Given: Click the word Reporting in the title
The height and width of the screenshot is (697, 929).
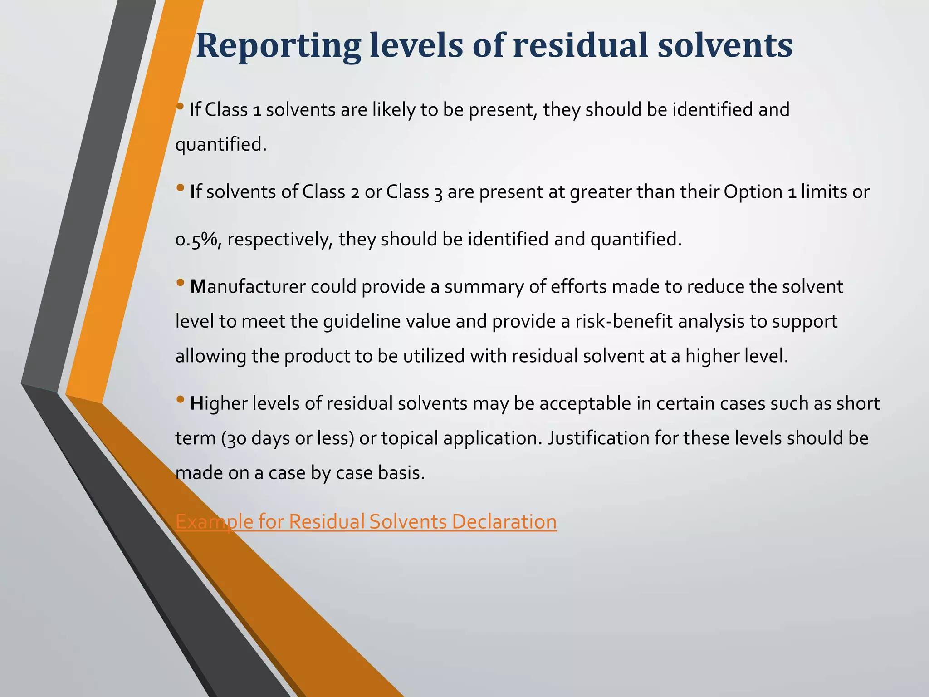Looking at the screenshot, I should click(278, 46).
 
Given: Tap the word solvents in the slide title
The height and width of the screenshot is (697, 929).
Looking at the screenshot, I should click(724, 46).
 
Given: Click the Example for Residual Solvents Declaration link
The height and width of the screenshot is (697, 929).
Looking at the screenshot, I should click(366, 521).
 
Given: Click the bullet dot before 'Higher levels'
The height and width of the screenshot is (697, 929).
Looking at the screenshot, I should click(180, 400).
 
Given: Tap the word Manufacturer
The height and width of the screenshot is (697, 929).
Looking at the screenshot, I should click(248, 287).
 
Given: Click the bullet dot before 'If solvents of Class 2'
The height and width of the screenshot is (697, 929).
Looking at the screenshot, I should click(180, 187).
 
